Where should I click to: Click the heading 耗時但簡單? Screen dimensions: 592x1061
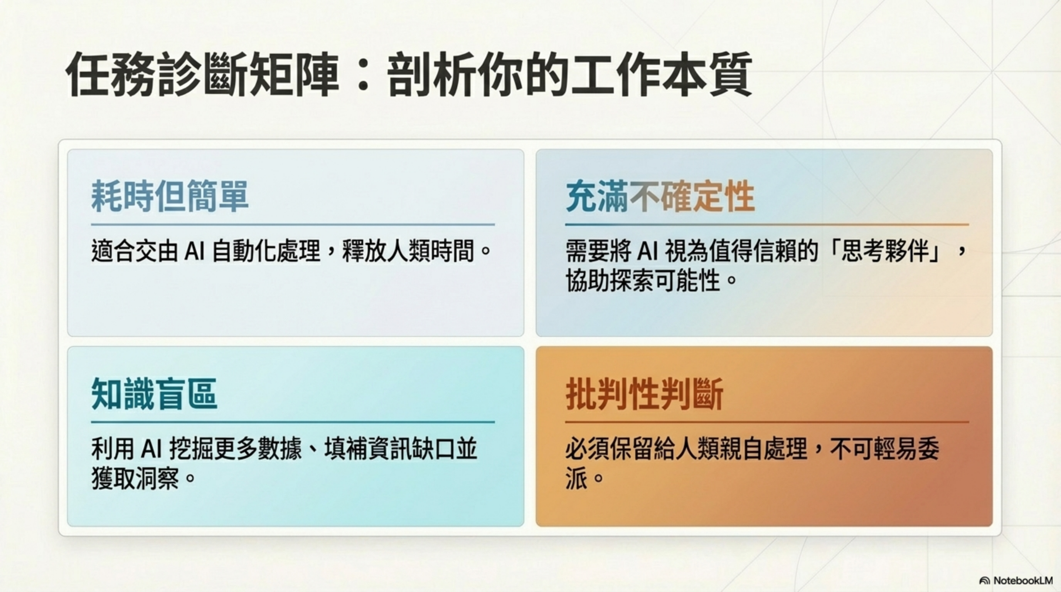pos(169,197)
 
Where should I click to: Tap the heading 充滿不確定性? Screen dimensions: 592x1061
pos(659,197)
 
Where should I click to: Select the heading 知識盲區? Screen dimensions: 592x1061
pos(154,394)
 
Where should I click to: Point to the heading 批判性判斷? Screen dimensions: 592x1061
pos(644,394)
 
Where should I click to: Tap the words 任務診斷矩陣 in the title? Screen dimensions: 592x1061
pos(202,75)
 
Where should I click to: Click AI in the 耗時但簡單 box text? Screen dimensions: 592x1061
pos(194,251)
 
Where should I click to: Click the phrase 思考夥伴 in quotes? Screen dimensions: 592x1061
pos(885,251)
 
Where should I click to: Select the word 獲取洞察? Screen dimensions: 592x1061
pos(135,478)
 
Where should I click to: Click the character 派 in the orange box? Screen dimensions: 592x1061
pos(576,478)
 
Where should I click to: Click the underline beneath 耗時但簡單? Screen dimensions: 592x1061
pos(293,225)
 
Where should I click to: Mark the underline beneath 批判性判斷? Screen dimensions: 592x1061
pos(766,422)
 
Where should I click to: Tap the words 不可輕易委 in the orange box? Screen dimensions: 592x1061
pos(884,449)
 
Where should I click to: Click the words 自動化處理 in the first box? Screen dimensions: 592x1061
pos(266,251)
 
